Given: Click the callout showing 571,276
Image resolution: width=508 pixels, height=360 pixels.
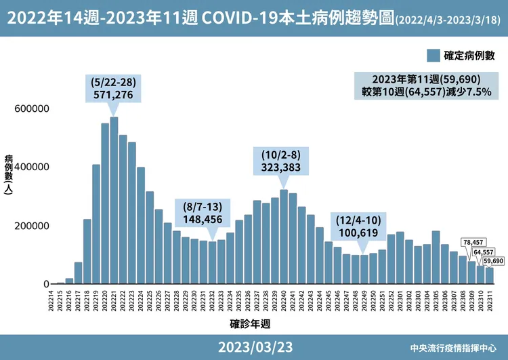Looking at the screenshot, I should pos(114,89).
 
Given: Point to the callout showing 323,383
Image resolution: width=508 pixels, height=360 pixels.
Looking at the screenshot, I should pos(283,159).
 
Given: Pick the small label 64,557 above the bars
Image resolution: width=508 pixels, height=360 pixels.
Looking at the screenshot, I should pos(483,252).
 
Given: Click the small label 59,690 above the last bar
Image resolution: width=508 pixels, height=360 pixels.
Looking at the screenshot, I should pos(492,260).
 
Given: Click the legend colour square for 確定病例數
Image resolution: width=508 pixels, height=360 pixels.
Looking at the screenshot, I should pos(433,55).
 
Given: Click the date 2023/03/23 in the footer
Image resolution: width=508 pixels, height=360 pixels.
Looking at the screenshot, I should pos(255,347).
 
